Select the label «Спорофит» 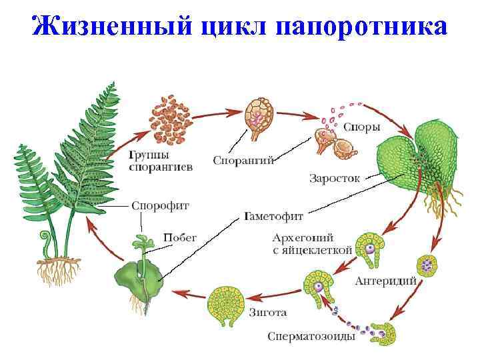(x=151, y=206)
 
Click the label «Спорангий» (x=243, y=160)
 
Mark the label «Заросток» (x=334, y=178)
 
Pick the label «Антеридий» (x=386, y=280)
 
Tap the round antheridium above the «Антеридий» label (x=426, y=264)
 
